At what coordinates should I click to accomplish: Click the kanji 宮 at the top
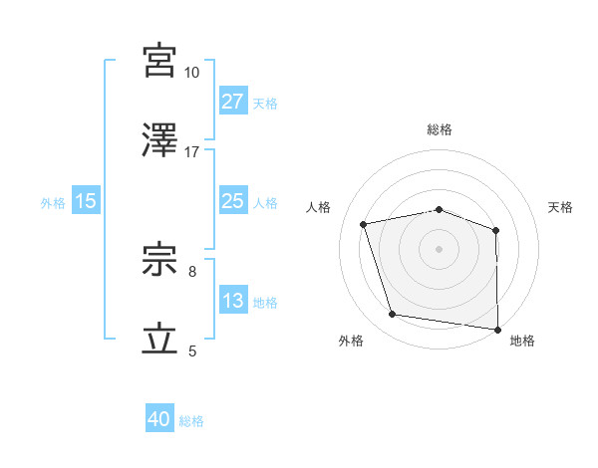pyautogui.click(x=160, y=61)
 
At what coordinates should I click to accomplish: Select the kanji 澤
pyautogui.click(x=160, y=140)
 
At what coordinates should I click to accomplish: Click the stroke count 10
pyautogui.click(x=192, y=73)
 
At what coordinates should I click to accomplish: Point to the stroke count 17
pyautogui.click(x=192, y=152)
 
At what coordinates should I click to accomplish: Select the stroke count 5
pyautogui.click(x=192, y=351)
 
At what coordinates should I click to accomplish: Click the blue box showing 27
pyautogui.click(x=232, y=102)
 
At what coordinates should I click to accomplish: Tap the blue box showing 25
pyautogui.click(x=232, y=201)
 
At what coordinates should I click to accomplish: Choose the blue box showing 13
pyautogui.click(x=232, y=301)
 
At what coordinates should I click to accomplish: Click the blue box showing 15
pyautogui.click(x=86, y=201)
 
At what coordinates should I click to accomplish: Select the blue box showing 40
pyautogui.click(x=159, y=420)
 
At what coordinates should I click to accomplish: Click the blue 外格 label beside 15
pyautogui.click(x=53, y=202)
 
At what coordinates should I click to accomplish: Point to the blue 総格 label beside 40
pyautogui.click(x=191, y=421)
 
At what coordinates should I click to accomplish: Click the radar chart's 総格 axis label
pyautogui.click(x=440, y=130)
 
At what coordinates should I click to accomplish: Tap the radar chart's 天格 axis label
pyautogui.click(x=561, y=207)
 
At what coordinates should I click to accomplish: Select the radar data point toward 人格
pyautogui.click(x=365, y=224)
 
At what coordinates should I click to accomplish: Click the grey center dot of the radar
pyautogui.click(x=440, y=248)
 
